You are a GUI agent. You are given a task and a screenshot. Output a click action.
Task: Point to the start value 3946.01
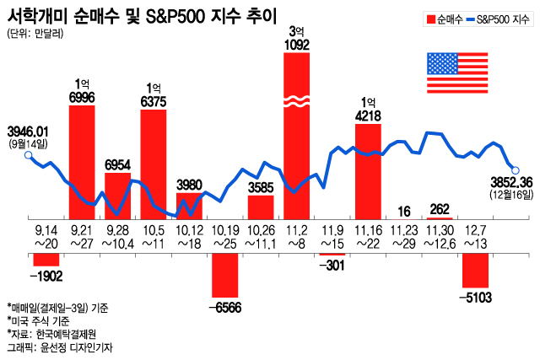pos(28,131)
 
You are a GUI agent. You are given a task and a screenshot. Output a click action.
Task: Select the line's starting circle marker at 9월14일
pos(28,155)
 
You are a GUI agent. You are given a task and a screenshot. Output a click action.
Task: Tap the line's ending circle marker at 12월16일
pos(516,169)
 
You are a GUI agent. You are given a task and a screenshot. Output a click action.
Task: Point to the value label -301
pos(332,266)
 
